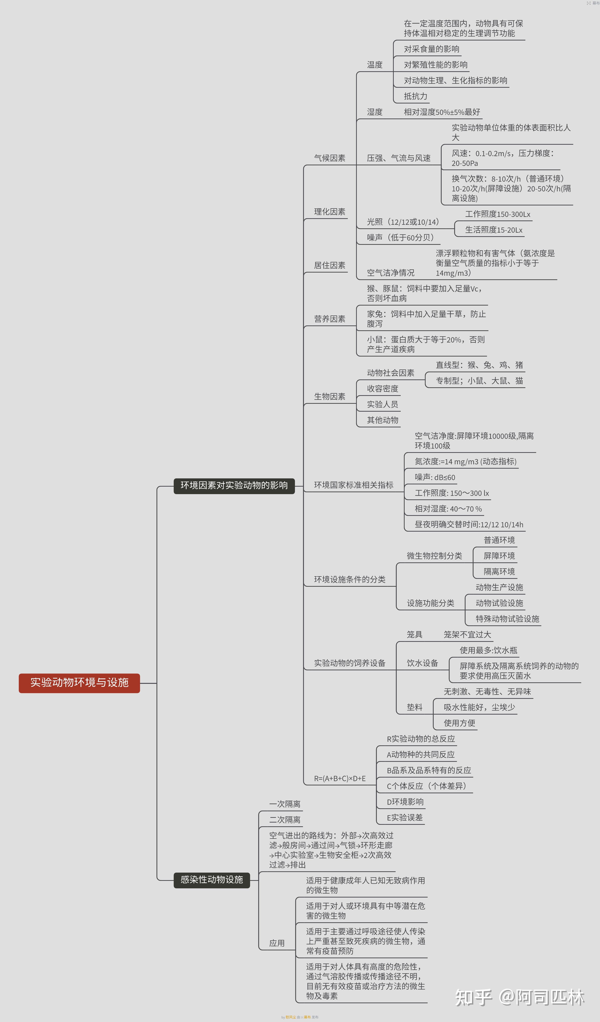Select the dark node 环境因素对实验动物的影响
point(234,486)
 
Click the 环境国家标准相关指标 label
point(353,485)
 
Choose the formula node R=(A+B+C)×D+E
point(340,779)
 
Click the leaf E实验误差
point(404,818)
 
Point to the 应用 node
point(277,943)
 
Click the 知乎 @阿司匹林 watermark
point(519,998)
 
